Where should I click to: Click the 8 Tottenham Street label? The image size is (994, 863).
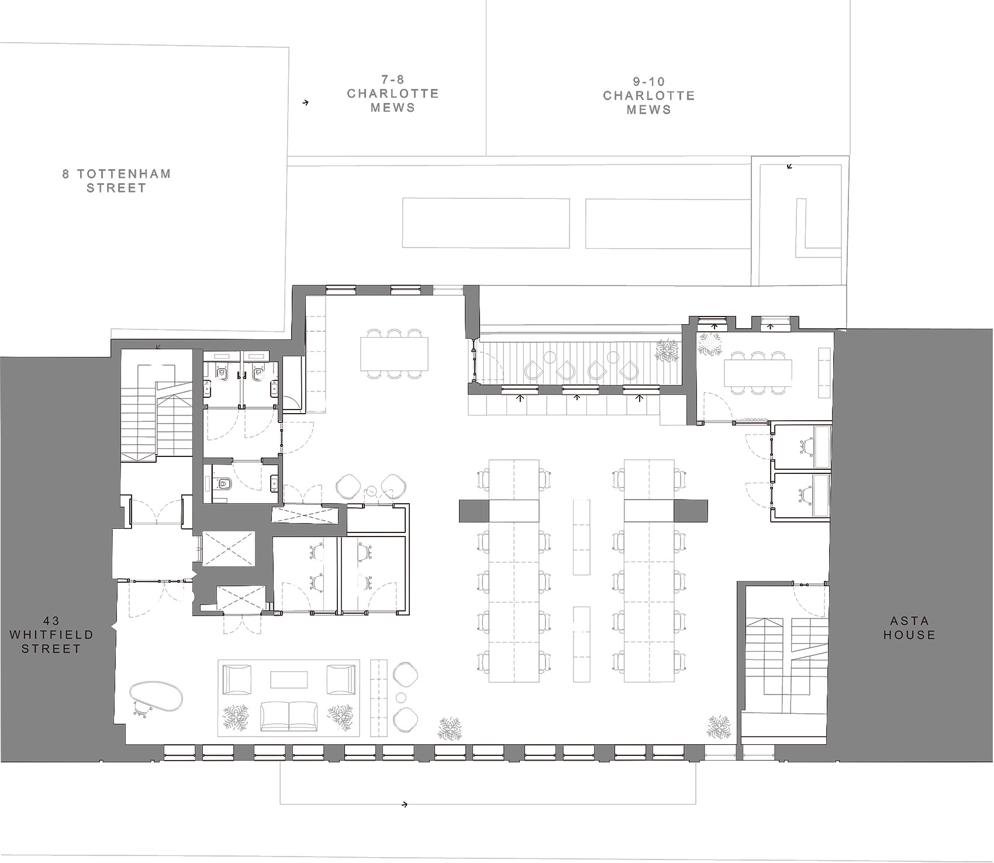coord(116,181)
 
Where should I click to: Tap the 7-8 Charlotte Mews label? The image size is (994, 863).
coord(392,94)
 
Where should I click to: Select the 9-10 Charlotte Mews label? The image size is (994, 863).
coord(648,95)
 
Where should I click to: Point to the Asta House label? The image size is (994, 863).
coord(909,628)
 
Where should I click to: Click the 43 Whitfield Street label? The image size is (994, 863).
coord(51,635)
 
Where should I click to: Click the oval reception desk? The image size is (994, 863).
coord(156,696)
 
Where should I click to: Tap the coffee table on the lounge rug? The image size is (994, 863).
coord(289,679)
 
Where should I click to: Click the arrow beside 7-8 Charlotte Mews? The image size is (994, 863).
coord(305,103)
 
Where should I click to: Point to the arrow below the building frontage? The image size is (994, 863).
coord(404,804)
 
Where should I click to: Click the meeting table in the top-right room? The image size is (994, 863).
coord(758,373)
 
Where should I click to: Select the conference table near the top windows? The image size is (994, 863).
coord(394,354)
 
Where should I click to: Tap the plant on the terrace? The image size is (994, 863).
coord(667,350)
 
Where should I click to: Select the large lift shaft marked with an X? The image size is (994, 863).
coord(229,548)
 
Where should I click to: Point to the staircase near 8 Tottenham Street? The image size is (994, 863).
coord(157,412)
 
